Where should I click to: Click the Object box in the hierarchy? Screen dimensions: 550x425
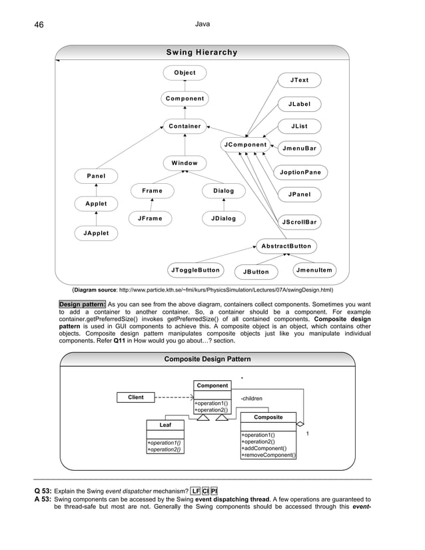[x=185, y=73]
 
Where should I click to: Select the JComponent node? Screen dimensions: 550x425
[x=245, y=144]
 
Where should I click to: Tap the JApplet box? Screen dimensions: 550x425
[x=96, y=233]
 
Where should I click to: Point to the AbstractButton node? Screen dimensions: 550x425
[x=286, y=246]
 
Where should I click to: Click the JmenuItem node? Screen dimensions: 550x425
[x=315, y=270]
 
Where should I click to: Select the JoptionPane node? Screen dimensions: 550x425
[x=301, y=172]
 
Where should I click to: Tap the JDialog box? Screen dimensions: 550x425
[x=223, y=218]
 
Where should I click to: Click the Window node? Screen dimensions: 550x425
[x=185, y=162]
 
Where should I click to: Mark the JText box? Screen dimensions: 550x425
[x=299, y=81]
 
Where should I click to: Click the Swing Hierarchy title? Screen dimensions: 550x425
[x=201, y=53]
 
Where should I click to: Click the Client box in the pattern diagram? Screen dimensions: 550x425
[x=135, y=398]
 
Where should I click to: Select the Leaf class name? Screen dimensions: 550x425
[x=164, y=424]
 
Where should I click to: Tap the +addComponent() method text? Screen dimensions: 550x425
[x=267, y=448]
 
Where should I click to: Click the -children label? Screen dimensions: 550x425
[x=251, y=399]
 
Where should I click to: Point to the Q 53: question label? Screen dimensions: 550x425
[x=43, y=492]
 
